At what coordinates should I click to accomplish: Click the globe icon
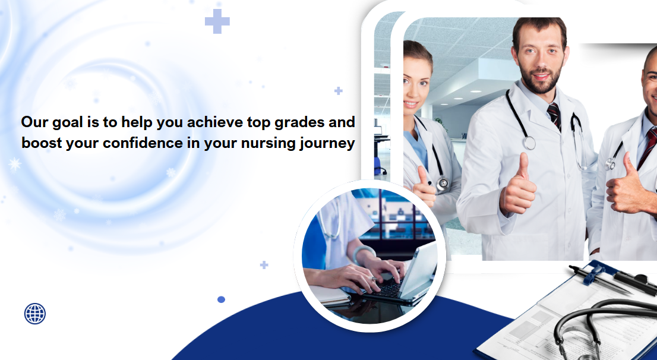35,314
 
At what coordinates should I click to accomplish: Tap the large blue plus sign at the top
217,21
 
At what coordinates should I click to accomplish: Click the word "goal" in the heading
67,123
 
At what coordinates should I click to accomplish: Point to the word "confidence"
143,143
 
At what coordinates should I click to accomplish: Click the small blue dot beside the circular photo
221,299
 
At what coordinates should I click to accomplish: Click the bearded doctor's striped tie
554,116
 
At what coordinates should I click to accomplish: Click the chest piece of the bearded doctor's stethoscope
530,143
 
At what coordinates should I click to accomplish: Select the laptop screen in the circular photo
419,269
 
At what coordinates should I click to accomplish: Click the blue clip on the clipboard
596,274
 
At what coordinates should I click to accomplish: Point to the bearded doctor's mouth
541,77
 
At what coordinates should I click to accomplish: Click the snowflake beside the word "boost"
15,164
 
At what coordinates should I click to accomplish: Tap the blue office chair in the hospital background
378,166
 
